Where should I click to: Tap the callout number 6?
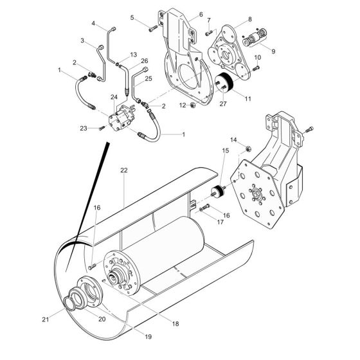tap(201, 14)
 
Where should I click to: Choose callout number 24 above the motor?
tap(114, 97)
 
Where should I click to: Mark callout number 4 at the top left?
tap(93, 24)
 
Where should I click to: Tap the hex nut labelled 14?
tap(246, 149)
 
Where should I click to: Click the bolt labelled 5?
tap(152, 27)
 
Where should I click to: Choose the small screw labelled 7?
tap(209, 32)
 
